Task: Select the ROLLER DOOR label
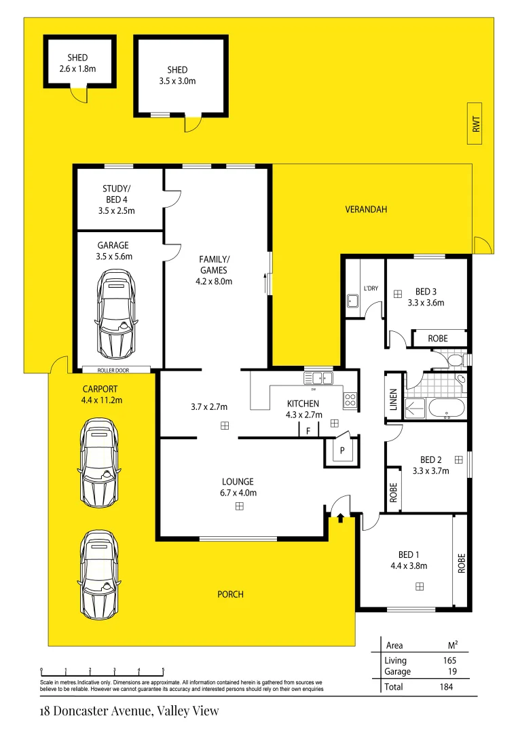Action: point(115,370)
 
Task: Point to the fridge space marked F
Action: point(309,431)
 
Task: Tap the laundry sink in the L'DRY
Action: point(354,299)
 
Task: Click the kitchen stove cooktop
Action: point(350,400)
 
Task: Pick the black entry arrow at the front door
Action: point(340,519)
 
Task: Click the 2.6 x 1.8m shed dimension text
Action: point(77,69)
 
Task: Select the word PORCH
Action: point(230,595)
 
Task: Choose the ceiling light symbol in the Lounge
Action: point(239,506)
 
